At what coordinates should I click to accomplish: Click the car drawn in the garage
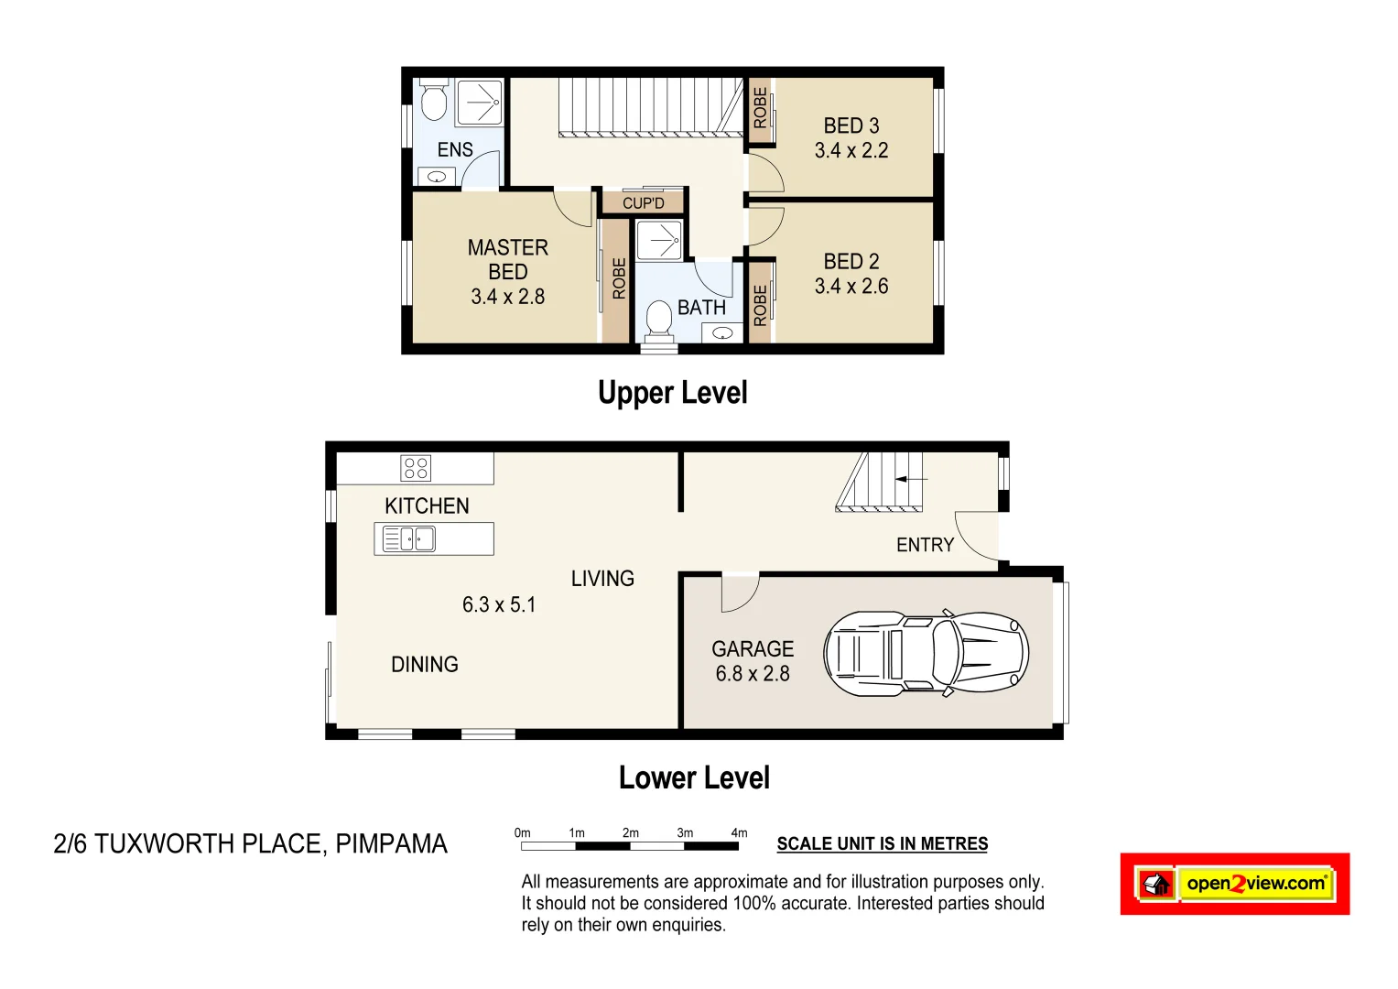pyautogui.click(x=926, y=654)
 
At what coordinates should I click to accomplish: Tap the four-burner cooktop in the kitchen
pyautogui.click(x=416, y=468)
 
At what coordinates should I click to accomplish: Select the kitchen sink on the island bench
pyautogui.click(x=409, y=539)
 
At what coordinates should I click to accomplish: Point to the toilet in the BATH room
pyautogui.click(x=658, y=319)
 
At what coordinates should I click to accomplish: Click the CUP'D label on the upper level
pyautogui.click(x=643, y=203)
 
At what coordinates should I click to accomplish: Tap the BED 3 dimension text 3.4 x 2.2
pyautogui.click(x=851, y=151)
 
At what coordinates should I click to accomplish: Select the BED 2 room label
pyautogui.click(x=851, y=262)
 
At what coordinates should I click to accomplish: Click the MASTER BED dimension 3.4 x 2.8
pyautogui.click(x=507, y=297)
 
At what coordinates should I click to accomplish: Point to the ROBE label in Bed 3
pyautogui.click(x=760, y=107)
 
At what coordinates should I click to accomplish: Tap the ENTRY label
pyautogui.click(x=925, y=546)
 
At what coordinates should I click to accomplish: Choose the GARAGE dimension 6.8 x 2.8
pyautogui.click(x=753, y=674)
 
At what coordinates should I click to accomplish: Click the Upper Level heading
pyautogui.click(x=672, y=393)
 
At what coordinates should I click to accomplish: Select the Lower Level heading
pyautogui.click(x=694, y=778)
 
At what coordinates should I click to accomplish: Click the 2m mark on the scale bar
pyautogui.click(x=630, y=833)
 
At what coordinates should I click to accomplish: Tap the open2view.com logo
pyautogui.click(x=1234, y=884)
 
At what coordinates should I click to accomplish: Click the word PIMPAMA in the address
pyautogui.click(x=391, y=843)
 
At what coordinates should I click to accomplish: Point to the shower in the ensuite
pyautogui.click(x=479, y=102)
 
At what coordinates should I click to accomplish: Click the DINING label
pyautogui.click(x=425, y=665)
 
